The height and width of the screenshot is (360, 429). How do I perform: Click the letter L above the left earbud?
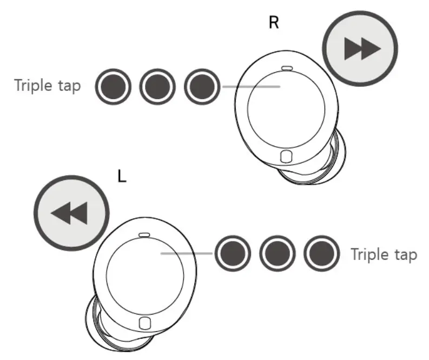pyautogui.click(x=122, y=177)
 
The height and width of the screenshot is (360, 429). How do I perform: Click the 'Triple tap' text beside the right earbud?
pyautogui.click(x=48, y=86)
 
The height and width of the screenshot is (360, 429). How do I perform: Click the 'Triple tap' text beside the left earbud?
pyautogui.click(x=384, y=254)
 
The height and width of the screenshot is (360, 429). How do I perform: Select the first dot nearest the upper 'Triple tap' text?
pyautogui.click(x=113, y=86)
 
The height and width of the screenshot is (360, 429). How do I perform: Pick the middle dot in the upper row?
pyautogui.click(x=157, y=86)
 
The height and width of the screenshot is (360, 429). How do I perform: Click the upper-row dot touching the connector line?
pyautogui.click(x=202, y=86)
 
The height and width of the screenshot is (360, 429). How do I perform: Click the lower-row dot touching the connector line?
pyautogui.click(x=233, y=253)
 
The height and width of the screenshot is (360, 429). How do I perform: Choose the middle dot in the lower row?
pyautogui.click(x=277, y=253)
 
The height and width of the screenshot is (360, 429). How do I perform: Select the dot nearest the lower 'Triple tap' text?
pyautogui.click(x=321, y=253)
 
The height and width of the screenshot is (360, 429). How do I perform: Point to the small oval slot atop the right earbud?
pyautogui.click(x=287, y=69)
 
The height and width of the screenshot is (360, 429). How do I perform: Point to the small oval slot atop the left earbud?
pyautogui.click(x=144, y=235)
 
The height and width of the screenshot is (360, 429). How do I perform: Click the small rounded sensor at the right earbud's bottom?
pyautogui.click(x=286, y=156)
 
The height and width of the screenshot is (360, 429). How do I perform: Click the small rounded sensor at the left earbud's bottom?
pyautogui.click(x=143, y=323)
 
